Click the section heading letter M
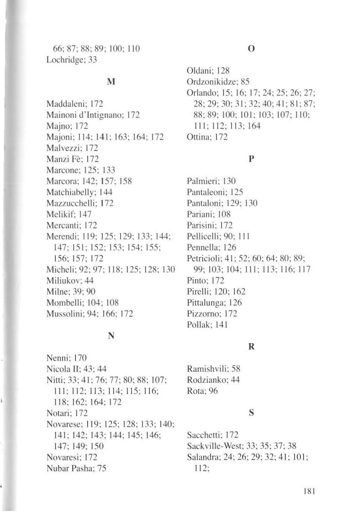point(112,82)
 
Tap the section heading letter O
point(251,49)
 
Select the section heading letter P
point(251,159)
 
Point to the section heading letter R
point(251,347)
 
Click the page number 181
point(310,491)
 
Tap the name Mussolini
point(63,314)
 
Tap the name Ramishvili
point(207,369)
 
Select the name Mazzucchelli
point(69,203)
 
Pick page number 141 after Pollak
point(221,325)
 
